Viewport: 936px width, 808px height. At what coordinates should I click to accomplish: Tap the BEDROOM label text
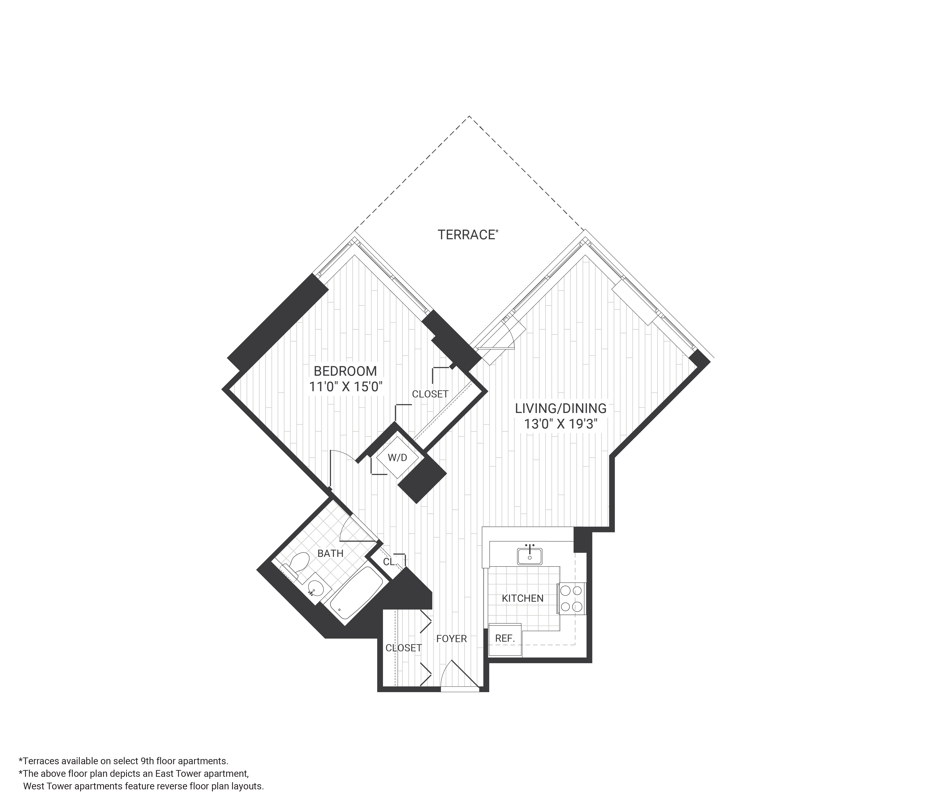(345, 371)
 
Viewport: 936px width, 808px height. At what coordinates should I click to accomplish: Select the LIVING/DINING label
(561, 408)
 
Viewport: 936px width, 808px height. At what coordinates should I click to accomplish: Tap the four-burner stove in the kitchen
(571, 598)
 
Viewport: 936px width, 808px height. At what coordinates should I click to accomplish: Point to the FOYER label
(451, 639)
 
